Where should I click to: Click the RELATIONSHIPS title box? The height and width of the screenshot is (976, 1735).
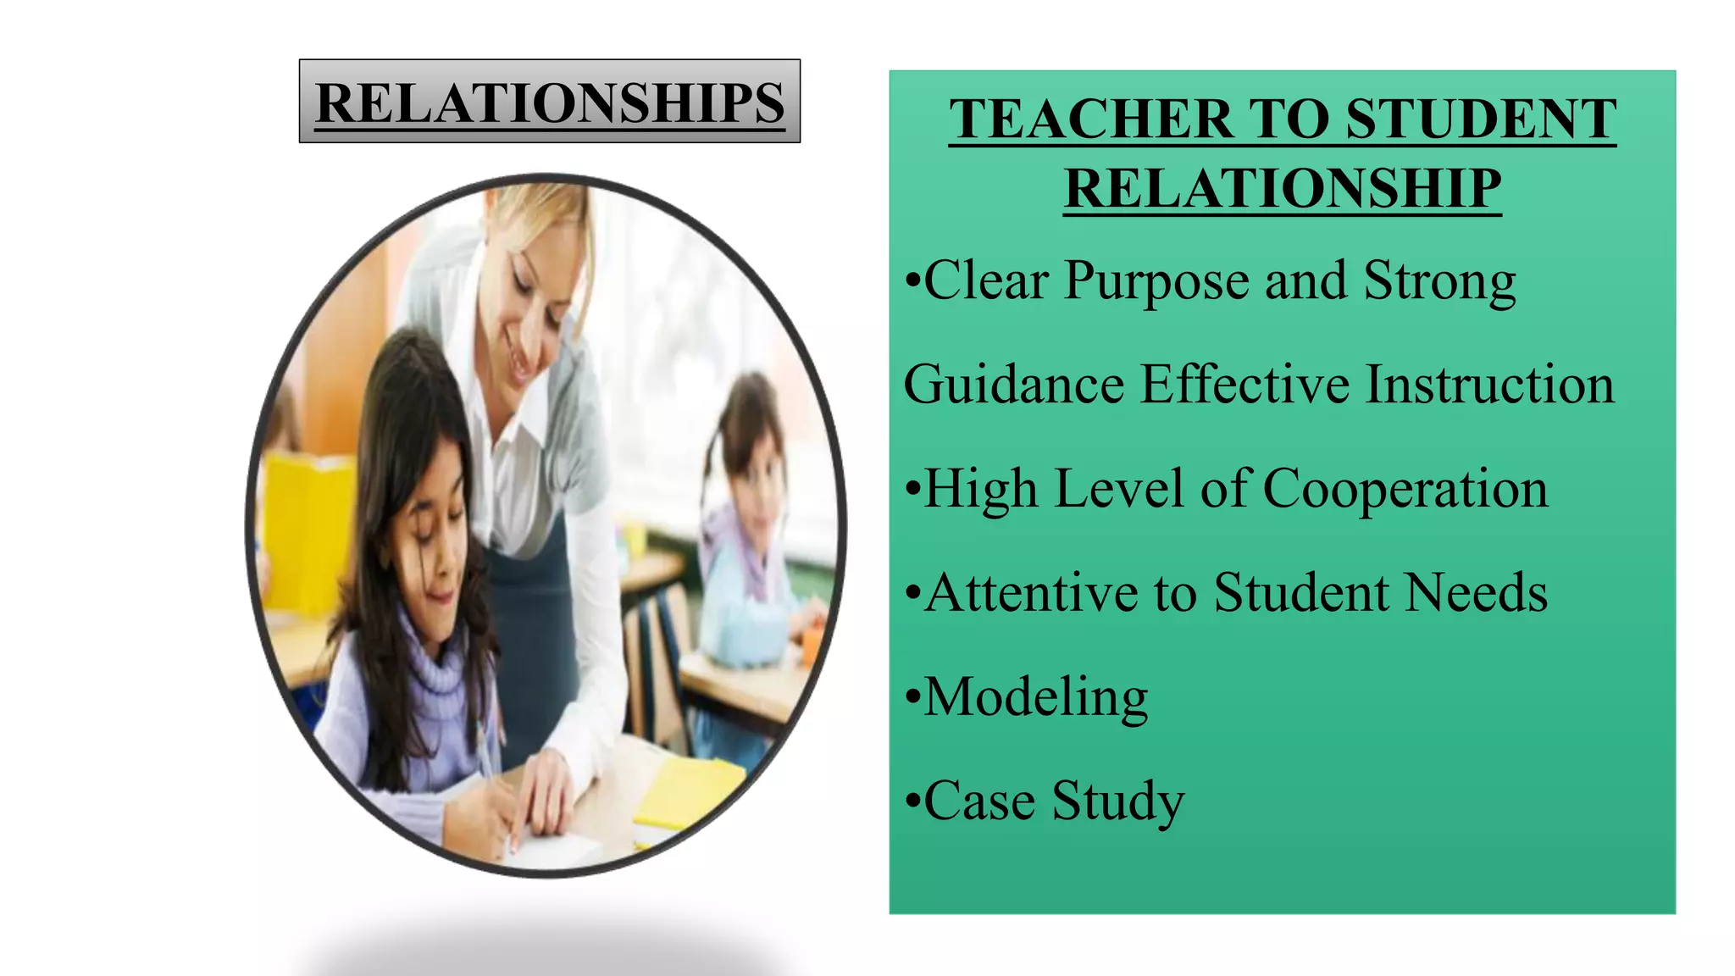click(x=550, y=102)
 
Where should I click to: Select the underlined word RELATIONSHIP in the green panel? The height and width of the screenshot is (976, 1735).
click(x=1283, y=188)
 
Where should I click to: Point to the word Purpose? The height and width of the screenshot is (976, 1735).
click(x=1156, y=281)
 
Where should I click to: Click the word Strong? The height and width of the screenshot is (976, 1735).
click(x=1439, y=281)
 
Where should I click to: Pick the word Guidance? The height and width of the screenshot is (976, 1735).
click(x=1013, y=385)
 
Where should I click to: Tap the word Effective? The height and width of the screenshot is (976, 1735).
click(x=1244, y=385)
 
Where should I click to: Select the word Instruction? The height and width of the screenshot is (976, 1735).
click(x=1490, y=385)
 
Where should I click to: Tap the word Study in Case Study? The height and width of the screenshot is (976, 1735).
click(x=1117, y=801)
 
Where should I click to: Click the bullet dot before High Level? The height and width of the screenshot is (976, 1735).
click(x=912, y=491)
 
